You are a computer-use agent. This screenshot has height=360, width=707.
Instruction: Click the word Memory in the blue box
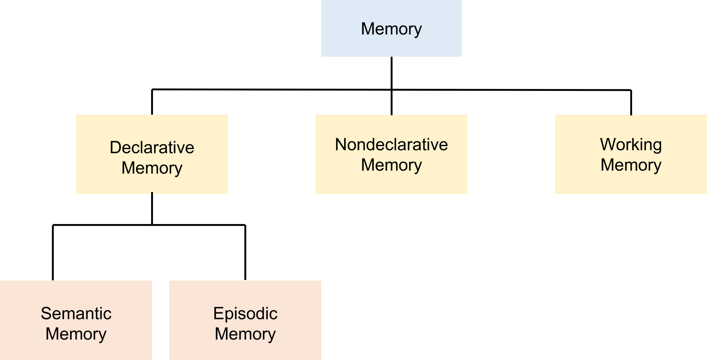[x=391, y=29]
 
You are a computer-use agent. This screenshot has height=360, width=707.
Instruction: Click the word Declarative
[x=152, y=147]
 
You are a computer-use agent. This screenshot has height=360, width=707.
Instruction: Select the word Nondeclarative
[x=391, y=144]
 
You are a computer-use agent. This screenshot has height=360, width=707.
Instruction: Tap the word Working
[x=631, y=144]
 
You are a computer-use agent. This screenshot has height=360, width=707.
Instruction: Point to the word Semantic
[x=76, y=313]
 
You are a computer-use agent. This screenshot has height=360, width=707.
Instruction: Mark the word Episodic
[x=245, y=313]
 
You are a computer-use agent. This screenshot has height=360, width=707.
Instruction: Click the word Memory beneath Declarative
[x=152, y=168]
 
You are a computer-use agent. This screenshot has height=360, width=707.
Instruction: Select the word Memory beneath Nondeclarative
[x=391, y=165]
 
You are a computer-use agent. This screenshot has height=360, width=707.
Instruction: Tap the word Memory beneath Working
[x=631, y=165]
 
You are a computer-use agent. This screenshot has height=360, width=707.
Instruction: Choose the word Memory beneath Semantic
[x=76, y=334]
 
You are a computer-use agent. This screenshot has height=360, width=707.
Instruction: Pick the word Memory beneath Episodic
[x=245, y=334]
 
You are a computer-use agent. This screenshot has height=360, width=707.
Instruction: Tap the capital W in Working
[x=608, y=144]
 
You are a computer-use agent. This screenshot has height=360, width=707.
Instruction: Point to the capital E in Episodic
[x=218, y=313]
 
